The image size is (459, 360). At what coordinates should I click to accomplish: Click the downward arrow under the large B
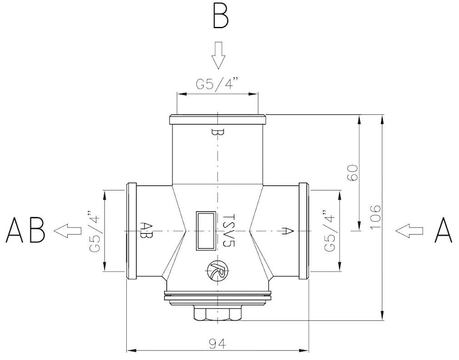tap(218, 54)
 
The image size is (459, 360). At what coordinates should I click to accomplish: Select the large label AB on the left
tap(26, 231)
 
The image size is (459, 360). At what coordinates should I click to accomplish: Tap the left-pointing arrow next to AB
tap(67, 231)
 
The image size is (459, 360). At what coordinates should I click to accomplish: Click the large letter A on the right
tap(444, 231)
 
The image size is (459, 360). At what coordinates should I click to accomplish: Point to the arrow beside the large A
tap(409, 231)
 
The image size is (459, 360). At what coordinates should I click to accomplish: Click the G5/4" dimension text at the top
tap(217, 84)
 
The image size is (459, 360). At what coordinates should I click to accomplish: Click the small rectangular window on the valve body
tap(203, 230)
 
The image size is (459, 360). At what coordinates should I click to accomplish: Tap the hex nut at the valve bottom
tap(217, 314)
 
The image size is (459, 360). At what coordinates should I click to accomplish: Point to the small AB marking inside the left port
tap(146, 230)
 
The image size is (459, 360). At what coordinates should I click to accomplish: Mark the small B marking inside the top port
tap(217, 133)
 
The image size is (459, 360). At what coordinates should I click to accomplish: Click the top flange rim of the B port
tap(217, 119)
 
